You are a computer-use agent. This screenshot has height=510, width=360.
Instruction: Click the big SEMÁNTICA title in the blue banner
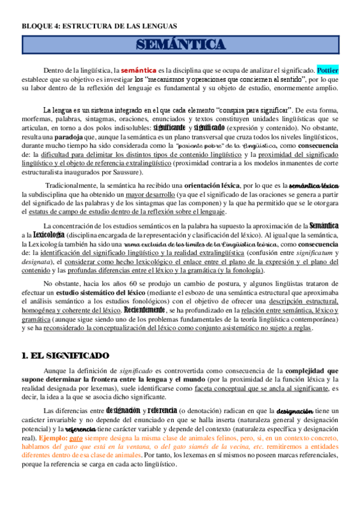pos(180,45)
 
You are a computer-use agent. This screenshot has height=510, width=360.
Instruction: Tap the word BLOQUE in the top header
pos(34,26)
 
